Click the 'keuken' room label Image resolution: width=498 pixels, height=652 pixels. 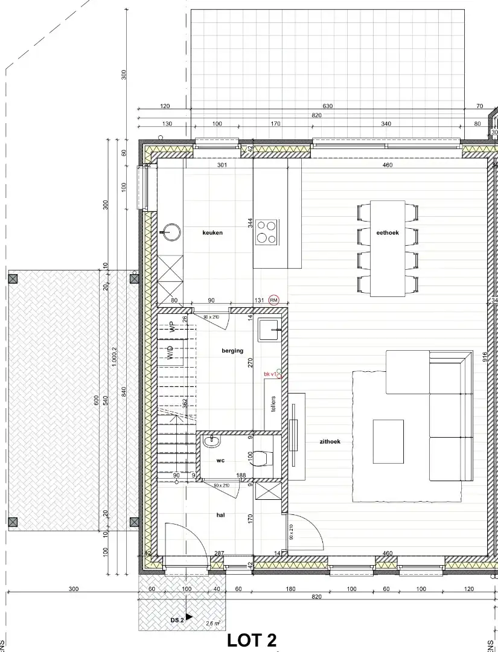pyautogui.click(x=212, y=232)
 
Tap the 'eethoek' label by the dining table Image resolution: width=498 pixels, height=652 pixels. pyautogui.click(x=388, y=232)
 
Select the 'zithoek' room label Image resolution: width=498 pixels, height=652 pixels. pyautogui.click(x=330, y=442)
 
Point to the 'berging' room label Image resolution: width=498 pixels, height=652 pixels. pyautogui.click(x=232, y=351)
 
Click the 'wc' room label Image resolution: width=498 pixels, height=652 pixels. pyautogui.click(x=220, y=461)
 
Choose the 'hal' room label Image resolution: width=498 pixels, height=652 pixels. pyautogui.click(x=220, y=515)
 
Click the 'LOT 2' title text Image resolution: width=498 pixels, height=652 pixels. pyautogui.click(x=252, y=641)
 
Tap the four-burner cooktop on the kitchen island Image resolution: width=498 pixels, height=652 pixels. pyautogui.click(x=266, y=232)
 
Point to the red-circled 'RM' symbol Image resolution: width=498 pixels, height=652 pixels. pyautogui.click(x=275, y=299)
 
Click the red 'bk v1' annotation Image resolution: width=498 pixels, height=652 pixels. pyautogui.click(x=270, y=374)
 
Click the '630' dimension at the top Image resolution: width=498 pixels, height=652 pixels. pyautogui.click(x=327, y=106)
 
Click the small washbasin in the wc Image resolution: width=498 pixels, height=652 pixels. pyautogui.click(x=211, y=443)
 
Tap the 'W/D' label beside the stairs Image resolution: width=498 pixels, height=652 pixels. pyautogui.click(x=171, y=353)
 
